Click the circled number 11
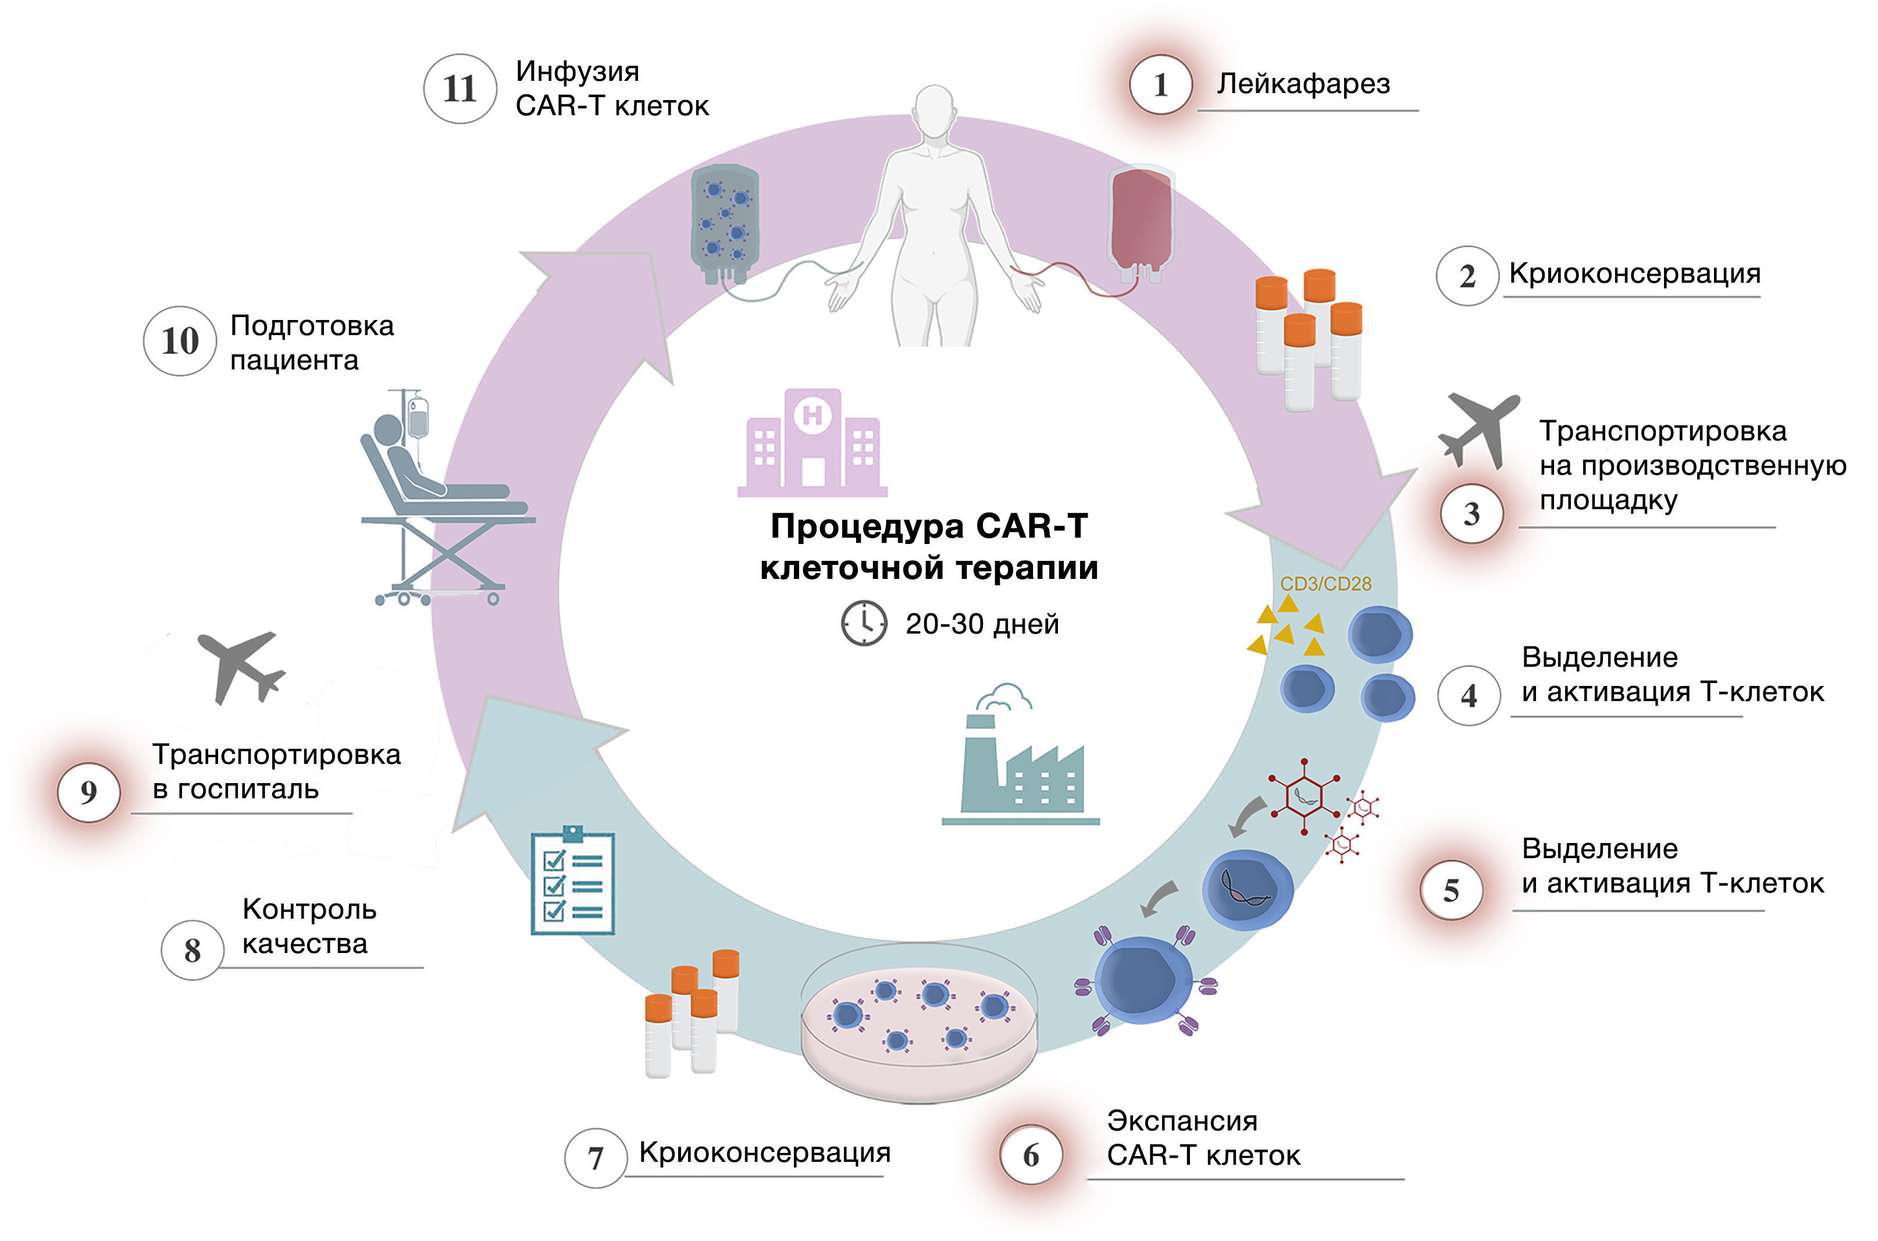click(459, 88)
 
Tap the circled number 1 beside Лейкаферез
click(1160, 85)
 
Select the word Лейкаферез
click(1303, 84)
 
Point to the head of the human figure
click(934, 111)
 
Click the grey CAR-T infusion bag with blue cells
click(724, 222)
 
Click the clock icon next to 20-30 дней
click(864, 623)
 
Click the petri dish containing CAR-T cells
click(919, 1021)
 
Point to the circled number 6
click(1031, 1155)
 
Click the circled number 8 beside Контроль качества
click(193, 950)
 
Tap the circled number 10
click(180, 341)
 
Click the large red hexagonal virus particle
click(1304, 795)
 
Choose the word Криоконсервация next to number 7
click(764, 1153)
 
